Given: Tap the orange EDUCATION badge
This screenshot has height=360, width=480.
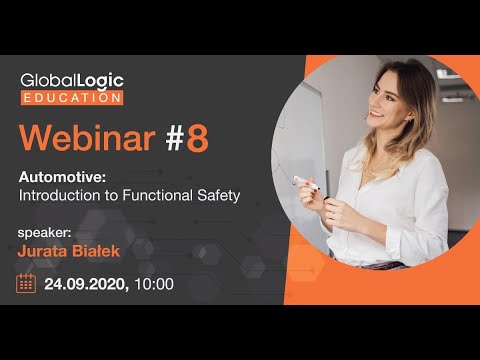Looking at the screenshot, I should click(71, 97).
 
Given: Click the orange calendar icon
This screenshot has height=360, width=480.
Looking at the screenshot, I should click(28, 283).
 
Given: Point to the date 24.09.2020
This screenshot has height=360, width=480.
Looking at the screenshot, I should click(84, 284).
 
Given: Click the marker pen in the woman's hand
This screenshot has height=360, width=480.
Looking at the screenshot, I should click(304, 182).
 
